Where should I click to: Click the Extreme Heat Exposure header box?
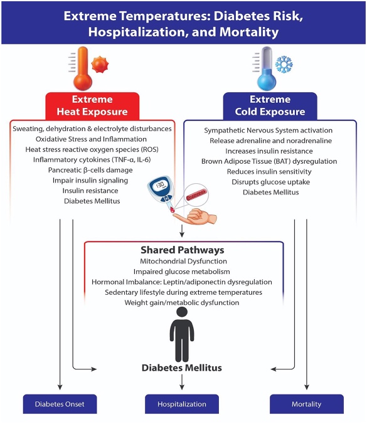pos(92,106)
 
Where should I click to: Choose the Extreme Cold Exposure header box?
pos(270,106)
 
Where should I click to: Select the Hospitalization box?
pos(182,405)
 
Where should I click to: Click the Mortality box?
pos(306,405)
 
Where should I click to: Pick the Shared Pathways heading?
pos(183,249)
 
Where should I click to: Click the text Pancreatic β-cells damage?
pos(90,170)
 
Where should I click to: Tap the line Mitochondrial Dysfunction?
pos(183,261)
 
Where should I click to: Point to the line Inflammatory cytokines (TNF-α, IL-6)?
pos(90,160)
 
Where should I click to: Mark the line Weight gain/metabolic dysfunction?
pos(183,303)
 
